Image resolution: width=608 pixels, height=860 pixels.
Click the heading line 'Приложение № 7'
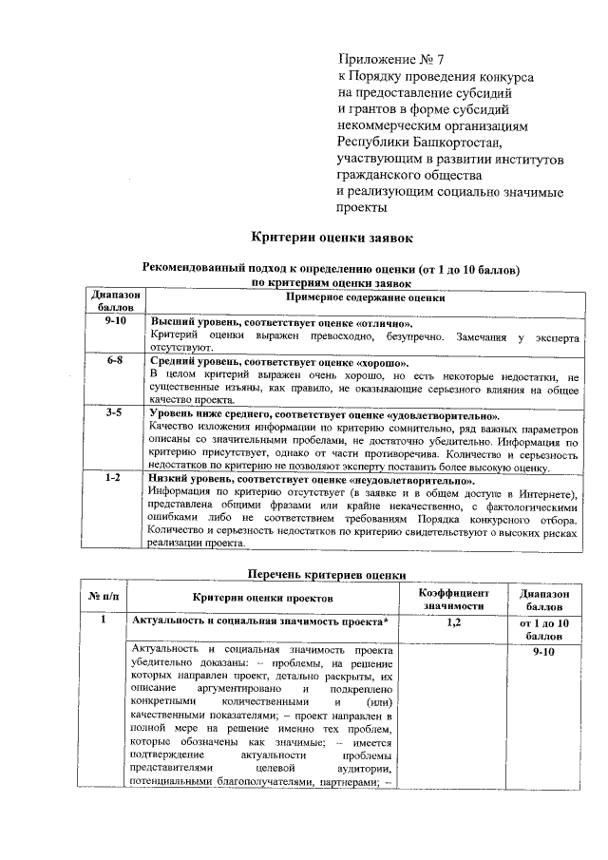point(392,60)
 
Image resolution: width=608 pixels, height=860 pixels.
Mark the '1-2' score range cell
point(115,480)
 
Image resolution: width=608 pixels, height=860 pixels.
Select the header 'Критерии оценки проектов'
point(263,597)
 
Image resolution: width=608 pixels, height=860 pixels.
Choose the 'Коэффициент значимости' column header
point(453,598)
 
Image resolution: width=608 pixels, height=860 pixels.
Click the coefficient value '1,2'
point(453,621)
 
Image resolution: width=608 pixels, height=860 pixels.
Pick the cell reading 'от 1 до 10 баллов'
point(545,628)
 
